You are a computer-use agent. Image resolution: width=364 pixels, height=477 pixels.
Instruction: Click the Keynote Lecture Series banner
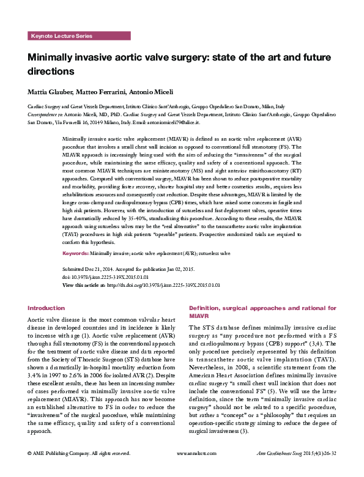[61, 37]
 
